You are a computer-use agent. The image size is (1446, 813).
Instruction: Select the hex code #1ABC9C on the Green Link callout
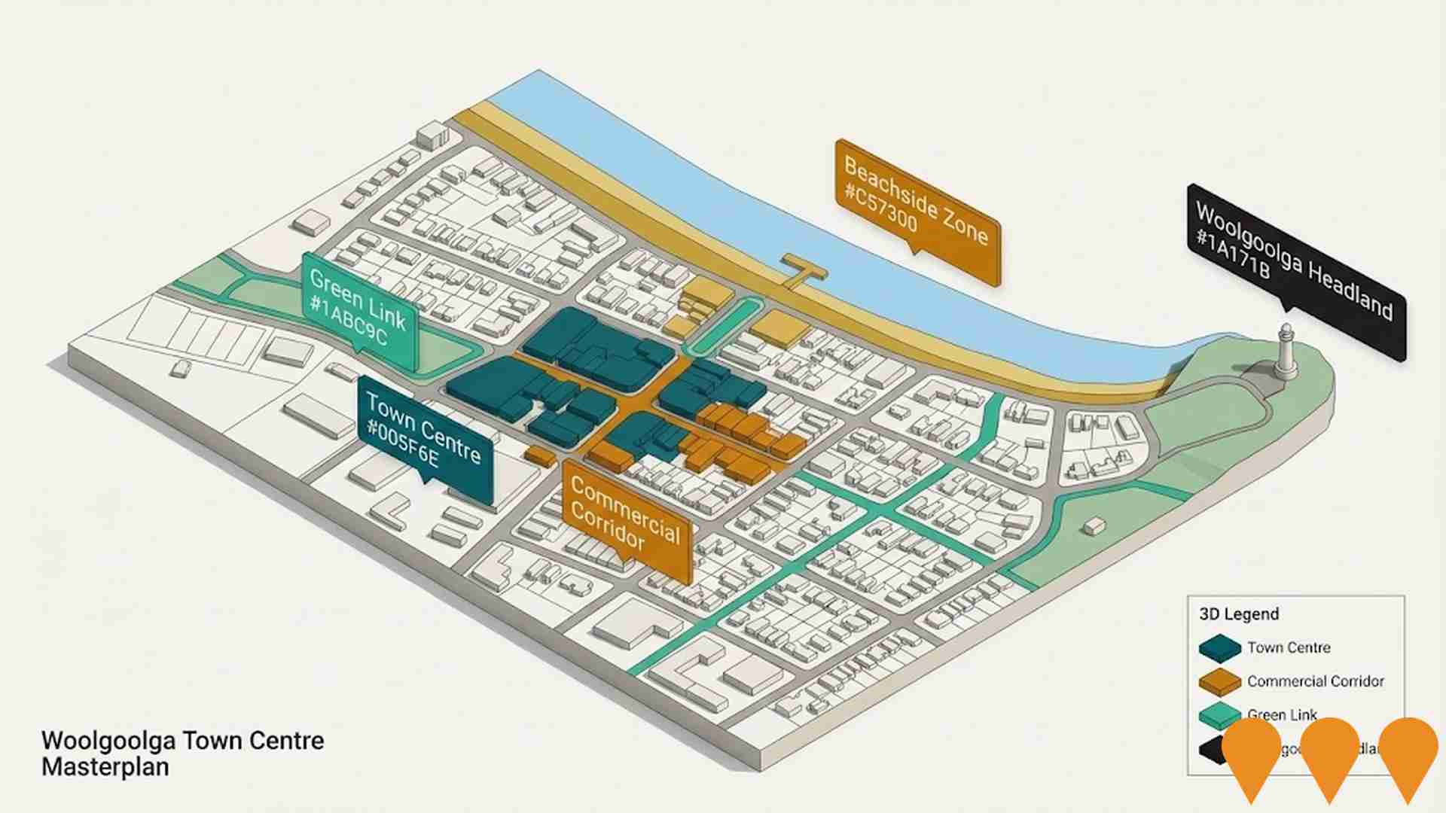tap(348, 321)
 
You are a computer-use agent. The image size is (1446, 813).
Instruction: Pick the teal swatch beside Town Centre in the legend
tap(1219, 648)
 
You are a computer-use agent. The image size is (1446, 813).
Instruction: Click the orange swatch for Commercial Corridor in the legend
tap(1219, 682)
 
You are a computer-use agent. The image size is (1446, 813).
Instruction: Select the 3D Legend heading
tap(1239, 614)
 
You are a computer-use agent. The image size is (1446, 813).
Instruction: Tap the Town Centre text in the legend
tap(1288, 648)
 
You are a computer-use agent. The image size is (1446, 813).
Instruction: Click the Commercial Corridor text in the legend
tap(1315, 681)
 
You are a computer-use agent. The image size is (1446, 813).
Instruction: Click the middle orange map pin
tap(1329, 753)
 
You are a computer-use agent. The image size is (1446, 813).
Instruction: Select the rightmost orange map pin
tap(1408, 753)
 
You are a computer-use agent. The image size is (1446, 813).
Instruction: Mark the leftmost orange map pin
tap(1251, 753)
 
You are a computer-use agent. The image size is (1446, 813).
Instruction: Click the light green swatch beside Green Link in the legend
tap(1219, 716)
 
